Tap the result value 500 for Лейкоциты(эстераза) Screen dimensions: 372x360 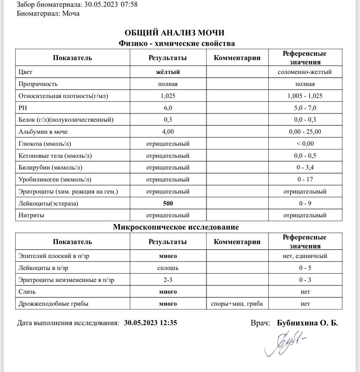tap(168, 203)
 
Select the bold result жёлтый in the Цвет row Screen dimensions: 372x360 tap(168, 72)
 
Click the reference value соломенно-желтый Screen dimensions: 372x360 tap(305, 72)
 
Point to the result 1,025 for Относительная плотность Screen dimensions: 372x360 tap(168, 96)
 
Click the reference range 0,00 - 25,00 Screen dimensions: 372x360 tap(305, 132)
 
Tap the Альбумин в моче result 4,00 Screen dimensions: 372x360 tap(168, 132)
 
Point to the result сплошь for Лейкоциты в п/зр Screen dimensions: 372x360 tap(168, 268)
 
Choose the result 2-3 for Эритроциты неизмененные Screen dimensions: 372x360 tap(168, 280)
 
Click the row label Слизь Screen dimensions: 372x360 tap(27, 292)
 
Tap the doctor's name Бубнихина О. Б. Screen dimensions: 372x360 tap(308, 323)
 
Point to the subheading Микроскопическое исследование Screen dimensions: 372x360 tap(176, 227)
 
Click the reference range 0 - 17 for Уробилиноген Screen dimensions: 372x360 tap(305, 180)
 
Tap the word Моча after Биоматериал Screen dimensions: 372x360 tap(71, 13)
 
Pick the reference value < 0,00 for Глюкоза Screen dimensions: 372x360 tap(305, 144)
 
